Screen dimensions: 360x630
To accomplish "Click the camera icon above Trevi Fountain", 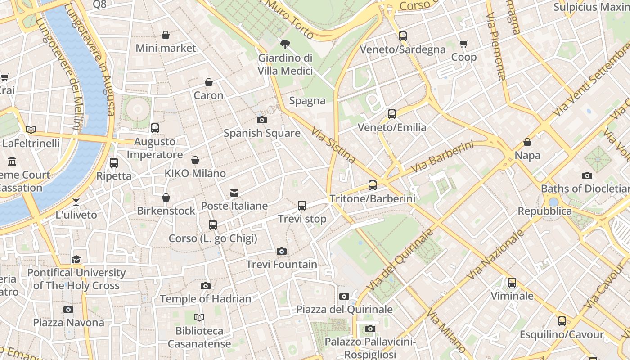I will pos(282,251).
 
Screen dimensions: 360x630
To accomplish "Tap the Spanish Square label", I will pos(262,133).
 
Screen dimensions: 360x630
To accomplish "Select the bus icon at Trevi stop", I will pos(302,206).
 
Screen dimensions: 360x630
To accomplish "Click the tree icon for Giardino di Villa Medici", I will pos(285,44).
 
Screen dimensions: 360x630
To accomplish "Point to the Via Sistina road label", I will pos(333,145).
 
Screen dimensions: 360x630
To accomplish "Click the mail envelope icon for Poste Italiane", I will pos(234,193).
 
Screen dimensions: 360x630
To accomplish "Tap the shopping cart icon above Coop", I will pos(464,44).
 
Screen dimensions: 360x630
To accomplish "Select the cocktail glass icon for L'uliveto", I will pos(76,202).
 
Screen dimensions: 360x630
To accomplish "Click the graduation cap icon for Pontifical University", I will pos(76,260).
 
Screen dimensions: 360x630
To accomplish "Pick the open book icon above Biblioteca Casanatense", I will pos(199,318).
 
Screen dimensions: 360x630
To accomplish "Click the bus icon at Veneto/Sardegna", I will pos(403,36).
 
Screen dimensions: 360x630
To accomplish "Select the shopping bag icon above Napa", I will pos(527,143).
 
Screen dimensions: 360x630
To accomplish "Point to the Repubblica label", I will pos(544,211).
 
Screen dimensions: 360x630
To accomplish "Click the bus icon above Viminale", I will pos(512,283).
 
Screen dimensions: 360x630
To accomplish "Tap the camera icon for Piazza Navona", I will pos(68,309).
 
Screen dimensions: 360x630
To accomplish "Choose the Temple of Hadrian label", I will pos(206,299).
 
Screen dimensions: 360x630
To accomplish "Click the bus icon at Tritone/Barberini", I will pos(373,185).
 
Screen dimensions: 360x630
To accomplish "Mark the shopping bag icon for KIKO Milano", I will pos(195,160).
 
